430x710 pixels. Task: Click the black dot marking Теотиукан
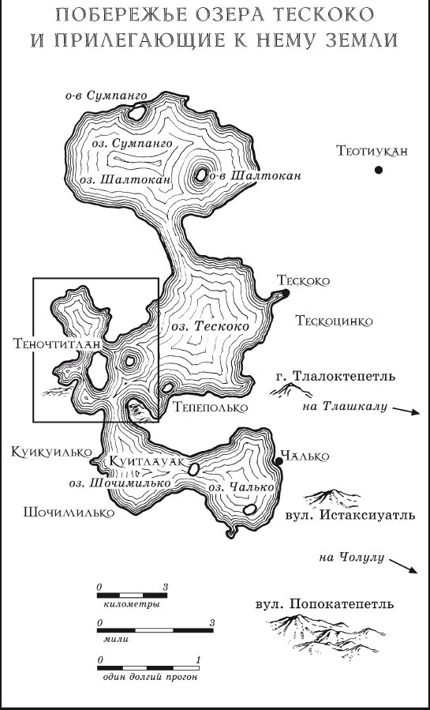coord(379,168)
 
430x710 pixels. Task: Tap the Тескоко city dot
coord(286,293)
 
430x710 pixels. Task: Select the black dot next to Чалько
coord(278,461)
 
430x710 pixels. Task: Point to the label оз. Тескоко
coord(204,326)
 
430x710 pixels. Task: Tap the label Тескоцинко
coord(334,321)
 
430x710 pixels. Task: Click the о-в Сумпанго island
coord(136,112)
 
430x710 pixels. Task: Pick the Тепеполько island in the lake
coord(168,389)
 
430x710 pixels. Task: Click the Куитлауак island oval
coord(193,469)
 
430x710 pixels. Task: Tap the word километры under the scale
coord(132,604)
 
